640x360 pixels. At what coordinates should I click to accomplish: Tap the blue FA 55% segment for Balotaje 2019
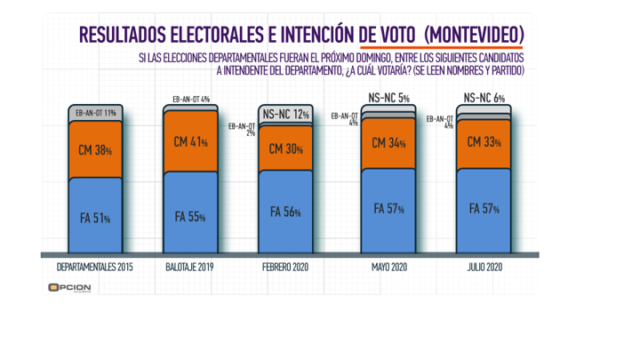(191, 215)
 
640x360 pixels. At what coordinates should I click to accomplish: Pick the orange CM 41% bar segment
(191, 141)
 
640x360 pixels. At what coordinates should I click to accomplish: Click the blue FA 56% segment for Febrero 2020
(285, 212)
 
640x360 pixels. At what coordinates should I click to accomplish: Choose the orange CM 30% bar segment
(285, 149)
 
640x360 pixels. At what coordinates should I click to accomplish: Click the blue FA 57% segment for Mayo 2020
(388, 210)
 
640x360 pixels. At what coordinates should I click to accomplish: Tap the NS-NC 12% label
(285, 114)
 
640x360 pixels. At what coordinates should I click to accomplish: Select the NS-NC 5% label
(388, 98)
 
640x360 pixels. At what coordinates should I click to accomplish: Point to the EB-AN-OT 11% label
(96, 112)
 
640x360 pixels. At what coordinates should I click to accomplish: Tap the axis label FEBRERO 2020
(285, 268)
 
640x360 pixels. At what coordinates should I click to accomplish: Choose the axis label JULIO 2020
(483, 268)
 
